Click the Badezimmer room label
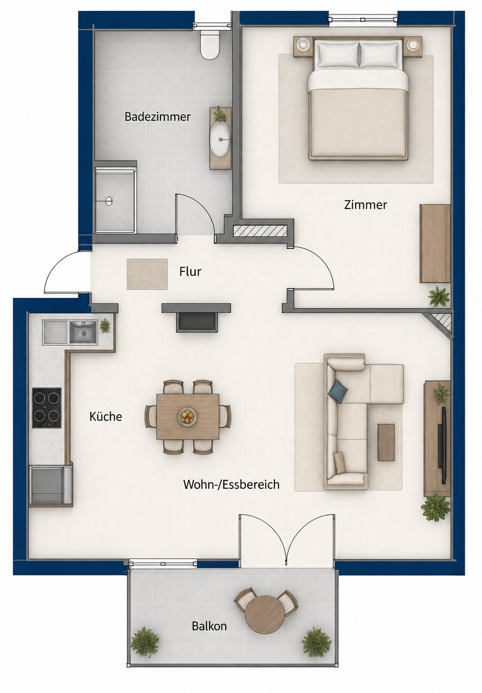tap(157, 116)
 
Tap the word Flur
tap(190, 271)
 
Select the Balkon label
tap(209, 626)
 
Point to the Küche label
tap(105, 416)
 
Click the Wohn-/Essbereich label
tap(232, 485)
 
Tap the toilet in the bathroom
tap(210, 44)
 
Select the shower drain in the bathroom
tap(109, 200)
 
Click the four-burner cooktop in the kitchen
tap(47, 408)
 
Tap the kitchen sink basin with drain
tap(83, 332)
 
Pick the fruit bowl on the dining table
tap(187, 416)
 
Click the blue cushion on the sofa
tap(339, 391)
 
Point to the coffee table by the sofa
tap(386, 442)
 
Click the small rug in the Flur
tap(147, 274)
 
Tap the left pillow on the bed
tap(337, 54)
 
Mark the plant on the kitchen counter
tap(105, 325)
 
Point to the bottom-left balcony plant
tap(144, 642)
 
